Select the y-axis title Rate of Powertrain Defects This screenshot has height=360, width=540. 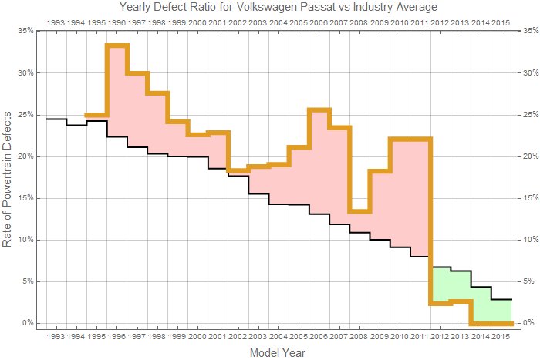click(8, 177)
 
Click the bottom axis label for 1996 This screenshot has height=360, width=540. click(116, 337)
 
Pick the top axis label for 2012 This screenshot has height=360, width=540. click(440, 22)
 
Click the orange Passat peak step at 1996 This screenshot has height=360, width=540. click(116, 45)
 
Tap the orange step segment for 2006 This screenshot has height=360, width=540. click(319, 109)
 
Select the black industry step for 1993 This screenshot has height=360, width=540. click(56, 119)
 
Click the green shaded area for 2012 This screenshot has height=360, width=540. click(440, 285)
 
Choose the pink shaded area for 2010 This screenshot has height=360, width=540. click(400, 193)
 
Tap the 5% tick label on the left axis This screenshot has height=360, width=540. click(25, 281)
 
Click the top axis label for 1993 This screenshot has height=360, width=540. click(56, 22)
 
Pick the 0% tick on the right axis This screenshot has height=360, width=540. click(528, 323)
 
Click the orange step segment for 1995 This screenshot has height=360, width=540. click(96, 115)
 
